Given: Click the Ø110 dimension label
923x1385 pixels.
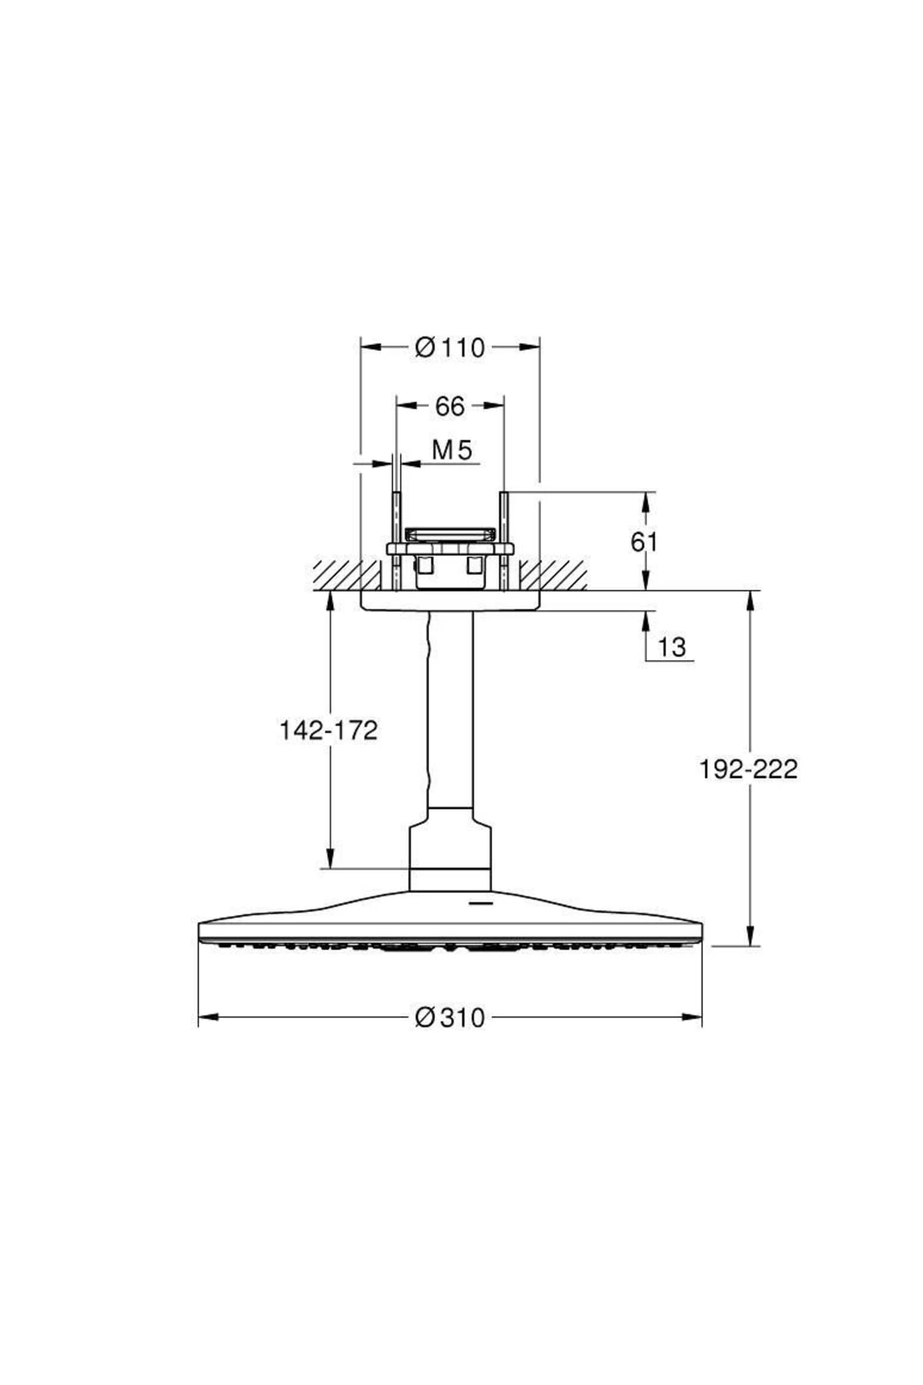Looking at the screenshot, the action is pyautogui.click(x=450, y=348).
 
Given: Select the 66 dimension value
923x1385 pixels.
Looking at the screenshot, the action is pyautogui.click(x=450, y=406).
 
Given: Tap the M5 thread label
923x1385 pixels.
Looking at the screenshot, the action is pyautogui.click(x=452, y=449).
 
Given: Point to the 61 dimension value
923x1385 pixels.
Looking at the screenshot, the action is pyautogui.click(x=645, y=542).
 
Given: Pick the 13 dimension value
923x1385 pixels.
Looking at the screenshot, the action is pyautogui.click(x=671, y=646).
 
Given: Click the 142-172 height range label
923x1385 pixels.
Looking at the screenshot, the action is pyautogui.click(x=328, y=729).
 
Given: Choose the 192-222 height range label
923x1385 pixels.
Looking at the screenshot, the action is pyautogui.click(x=748, y=768).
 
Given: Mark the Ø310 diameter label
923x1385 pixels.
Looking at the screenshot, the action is pyautogui.click(x=450, y=1017).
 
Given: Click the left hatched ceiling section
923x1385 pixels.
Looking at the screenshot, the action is pyautogui.click(x=347, y=576).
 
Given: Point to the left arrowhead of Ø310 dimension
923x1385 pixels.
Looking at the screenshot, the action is pyautogui.click(x=209, y=1017).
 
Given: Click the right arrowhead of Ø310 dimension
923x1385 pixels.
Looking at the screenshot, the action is pyautogui.click(x=691, y=1017).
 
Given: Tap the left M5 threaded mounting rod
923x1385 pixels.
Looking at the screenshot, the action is pyautogui.click(x=396, y=542).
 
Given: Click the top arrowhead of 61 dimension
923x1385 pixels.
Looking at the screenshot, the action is pyautogui.click(x=646, y=502).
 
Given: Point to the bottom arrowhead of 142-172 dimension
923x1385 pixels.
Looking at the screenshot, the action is pyautogui.click(x=330, y=858).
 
